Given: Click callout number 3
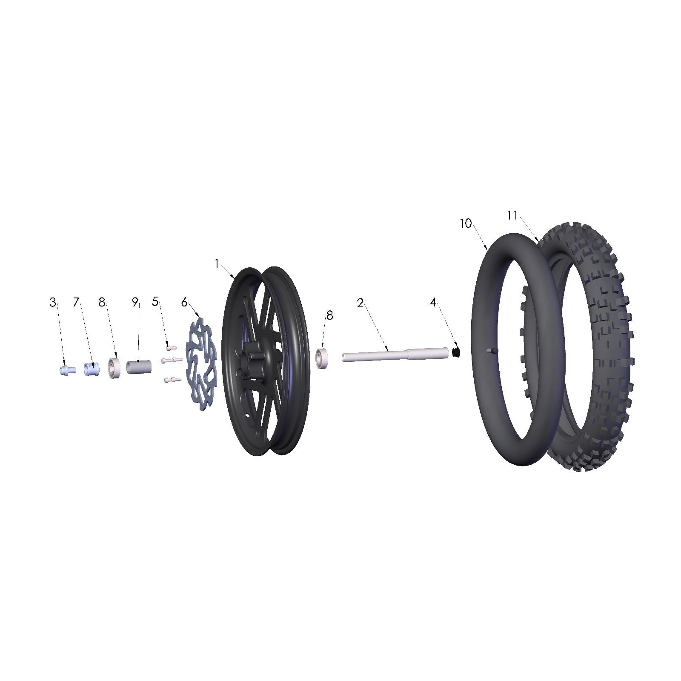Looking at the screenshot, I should (x=52, y=303).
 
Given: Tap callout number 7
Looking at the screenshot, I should (x=76, y=303).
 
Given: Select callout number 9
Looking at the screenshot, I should (x=135, y=303).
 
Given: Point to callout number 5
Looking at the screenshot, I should (x=155, y=301).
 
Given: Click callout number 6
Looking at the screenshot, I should (x=184, y=303).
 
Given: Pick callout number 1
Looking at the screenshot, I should (x=217, y=264).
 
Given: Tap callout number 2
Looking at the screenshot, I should (x=360, y=303).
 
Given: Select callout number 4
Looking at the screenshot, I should (x=433, y=303).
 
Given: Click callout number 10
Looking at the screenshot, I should (x=466, y=223).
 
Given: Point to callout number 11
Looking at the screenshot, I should (x=512, y=216).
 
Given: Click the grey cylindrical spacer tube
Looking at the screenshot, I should (x=139, y=367).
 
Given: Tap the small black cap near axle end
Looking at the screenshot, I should (x=456, y=352).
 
